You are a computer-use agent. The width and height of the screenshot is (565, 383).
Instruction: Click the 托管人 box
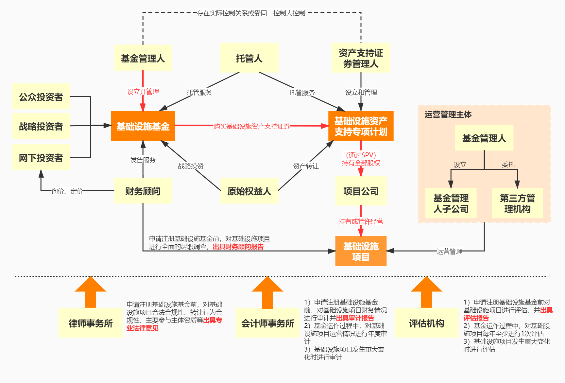click(x=249, y=58)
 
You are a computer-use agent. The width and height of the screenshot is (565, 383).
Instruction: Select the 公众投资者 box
click(x=41, y=97)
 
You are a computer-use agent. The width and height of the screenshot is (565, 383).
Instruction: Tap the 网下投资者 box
click(x=41, y=158)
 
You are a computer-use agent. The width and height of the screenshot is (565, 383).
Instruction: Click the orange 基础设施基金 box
click(x=143, y=126)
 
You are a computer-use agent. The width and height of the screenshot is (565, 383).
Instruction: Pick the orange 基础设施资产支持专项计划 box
click(x=361, y=126)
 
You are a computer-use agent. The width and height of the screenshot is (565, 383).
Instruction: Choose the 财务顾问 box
click(x=143, y=191)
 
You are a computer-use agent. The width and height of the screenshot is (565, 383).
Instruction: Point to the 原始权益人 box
click(x=249, y=191)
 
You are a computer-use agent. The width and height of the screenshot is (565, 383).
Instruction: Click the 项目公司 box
click(x=361, y=191)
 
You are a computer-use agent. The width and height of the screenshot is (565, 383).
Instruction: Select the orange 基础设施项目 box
click(x=361, y=251)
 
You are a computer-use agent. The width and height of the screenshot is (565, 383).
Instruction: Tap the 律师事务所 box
click(x=91, y=323)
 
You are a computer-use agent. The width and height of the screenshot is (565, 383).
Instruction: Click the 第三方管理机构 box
click(x=517, y=203)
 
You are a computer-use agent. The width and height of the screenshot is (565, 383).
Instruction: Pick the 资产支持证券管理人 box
click(x=361, y=58)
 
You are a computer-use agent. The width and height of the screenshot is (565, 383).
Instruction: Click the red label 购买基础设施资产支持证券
click(x=251, y=126)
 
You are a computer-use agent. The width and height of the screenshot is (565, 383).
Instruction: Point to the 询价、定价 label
click(x=67, y=191)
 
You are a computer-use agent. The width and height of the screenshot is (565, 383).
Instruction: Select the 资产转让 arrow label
click(x=306, y=166)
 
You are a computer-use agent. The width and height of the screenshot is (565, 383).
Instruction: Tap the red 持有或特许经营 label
click(x=361, y=221)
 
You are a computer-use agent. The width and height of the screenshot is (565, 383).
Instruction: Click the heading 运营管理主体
click(x=448, y=114)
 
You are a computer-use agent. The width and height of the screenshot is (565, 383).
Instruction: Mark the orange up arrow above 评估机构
click(x=426, y=292)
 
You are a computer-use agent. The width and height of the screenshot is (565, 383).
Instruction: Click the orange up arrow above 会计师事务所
click(x=267, y=292)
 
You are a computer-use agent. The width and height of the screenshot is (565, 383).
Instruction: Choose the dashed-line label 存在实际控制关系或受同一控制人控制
click(x=251, y=13)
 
